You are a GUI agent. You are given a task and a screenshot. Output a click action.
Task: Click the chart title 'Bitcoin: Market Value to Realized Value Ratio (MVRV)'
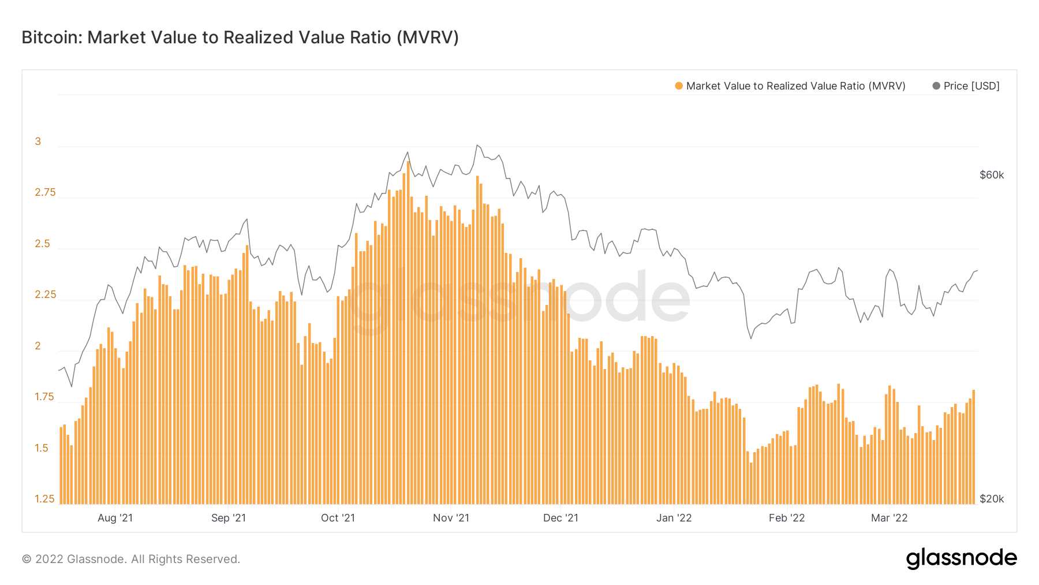[240, 38]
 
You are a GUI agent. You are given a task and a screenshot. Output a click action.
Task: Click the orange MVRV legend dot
[679, 86]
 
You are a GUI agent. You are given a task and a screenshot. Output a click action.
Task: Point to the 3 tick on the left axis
[38, 141]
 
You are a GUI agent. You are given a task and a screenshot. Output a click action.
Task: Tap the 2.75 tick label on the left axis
[45, 192]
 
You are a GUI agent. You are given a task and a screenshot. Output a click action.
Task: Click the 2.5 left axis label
[42, 244]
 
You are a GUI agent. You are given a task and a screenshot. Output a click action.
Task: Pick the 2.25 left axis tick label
[45, 295]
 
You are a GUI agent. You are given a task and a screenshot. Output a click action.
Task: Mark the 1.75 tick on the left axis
[44, 397]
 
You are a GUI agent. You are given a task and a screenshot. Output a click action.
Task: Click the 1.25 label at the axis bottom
[44, 499]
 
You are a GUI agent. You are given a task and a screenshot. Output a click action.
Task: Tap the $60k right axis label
[991, 175]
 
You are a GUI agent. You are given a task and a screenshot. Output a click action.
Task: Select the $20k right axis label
[991, 499]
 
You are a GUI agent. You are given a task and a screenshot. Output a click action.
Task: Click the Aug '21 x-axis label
[115, 518]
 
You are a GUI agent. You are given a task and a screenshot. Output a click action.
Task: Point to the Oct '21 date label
[338, 518]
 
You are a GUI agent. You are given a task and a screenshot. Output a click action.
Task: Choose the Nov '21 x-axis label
[451, 518]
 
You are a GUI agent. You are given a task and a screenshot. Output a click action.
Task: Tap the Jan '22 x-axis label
[674, 518]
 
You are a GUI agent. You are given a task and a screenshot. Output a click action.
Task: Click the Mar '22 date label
[889, 518]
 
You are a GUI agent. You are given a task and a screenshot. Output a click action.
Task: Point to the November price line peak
[477, 146]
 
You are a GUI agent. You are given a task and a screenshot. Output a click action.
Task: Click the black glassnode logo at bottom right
[961, 558]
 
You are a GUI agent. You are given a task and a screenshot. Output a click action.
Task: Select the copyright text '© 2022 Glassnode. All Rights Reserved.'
[131, 559]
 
